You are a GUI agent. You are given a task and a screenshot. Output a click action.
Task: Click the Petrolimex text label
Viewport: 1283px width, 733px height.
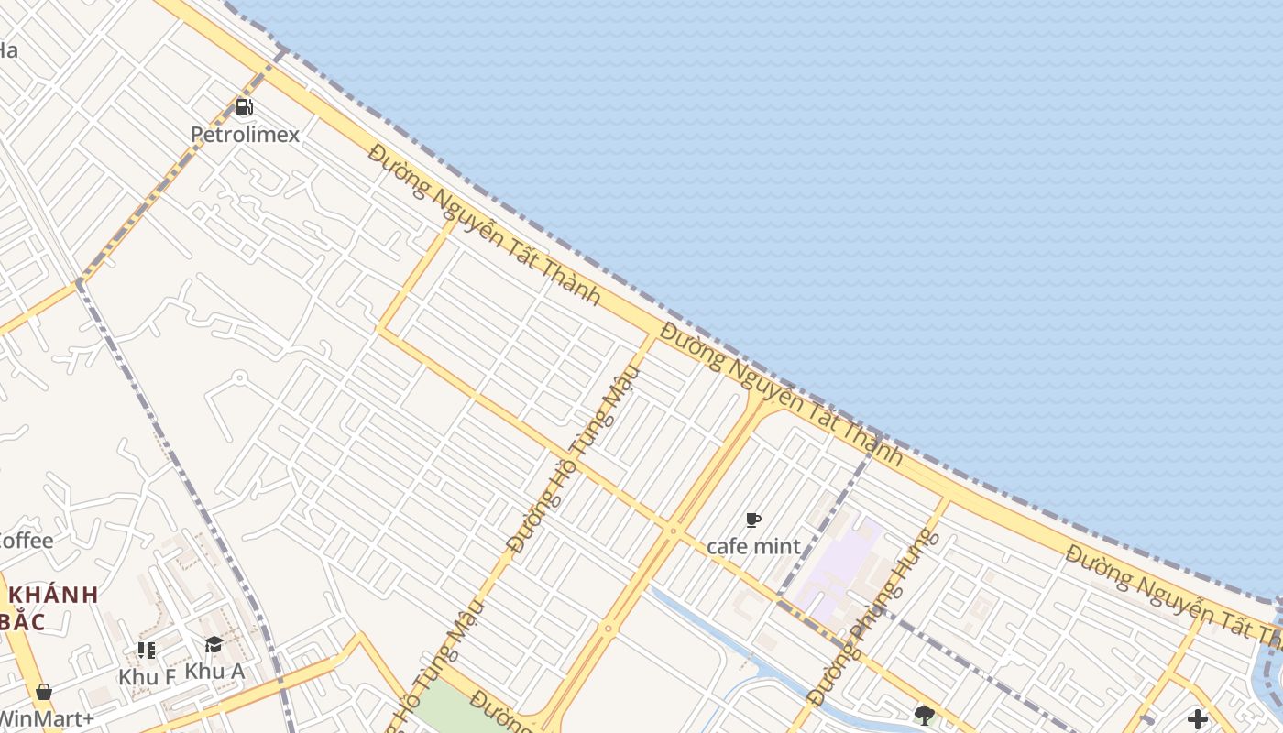point(245,135)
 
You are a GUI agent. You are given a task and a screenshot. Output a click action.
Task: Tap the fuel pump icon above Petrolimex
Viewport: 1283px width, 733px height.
point(244,107)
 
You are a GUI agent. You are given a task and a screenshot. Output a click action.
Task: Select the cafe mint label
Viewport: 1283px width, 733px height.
point(753,547)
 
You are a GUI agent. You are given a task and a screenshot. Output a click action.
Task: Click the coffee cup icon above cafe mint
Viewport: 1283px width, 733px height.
point(753,520)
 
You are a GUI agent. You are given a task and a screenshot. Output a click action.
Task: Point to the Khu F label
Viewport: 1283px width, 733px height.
point(147,677)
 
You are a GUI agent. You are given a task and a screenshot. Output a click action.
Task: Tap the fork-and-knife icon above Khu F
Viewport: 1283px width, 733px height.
point(146,651)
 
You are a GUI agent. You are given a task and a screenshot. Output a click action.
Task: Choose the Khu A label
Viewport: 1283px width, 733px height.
point(214,672)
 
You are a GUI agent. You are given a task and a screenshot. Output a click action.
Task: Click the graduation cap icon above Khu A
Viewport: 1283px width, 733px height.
point(214,645)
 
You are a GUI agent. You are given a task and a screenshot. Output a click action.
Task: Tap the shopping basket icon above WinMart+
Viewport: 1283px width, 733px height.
point(43,692)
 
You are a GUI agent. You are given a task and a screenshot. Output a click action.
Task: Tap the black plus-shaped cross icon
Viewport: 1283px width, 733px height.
point(1197,719)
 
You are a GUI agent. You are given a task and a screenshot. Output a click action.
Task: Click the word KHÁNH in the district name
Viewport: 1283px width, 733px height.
point(53,595)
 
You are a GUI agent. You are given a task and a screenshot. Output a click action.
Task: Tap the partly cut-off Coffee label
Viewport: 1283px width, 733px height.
point(26,541)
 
